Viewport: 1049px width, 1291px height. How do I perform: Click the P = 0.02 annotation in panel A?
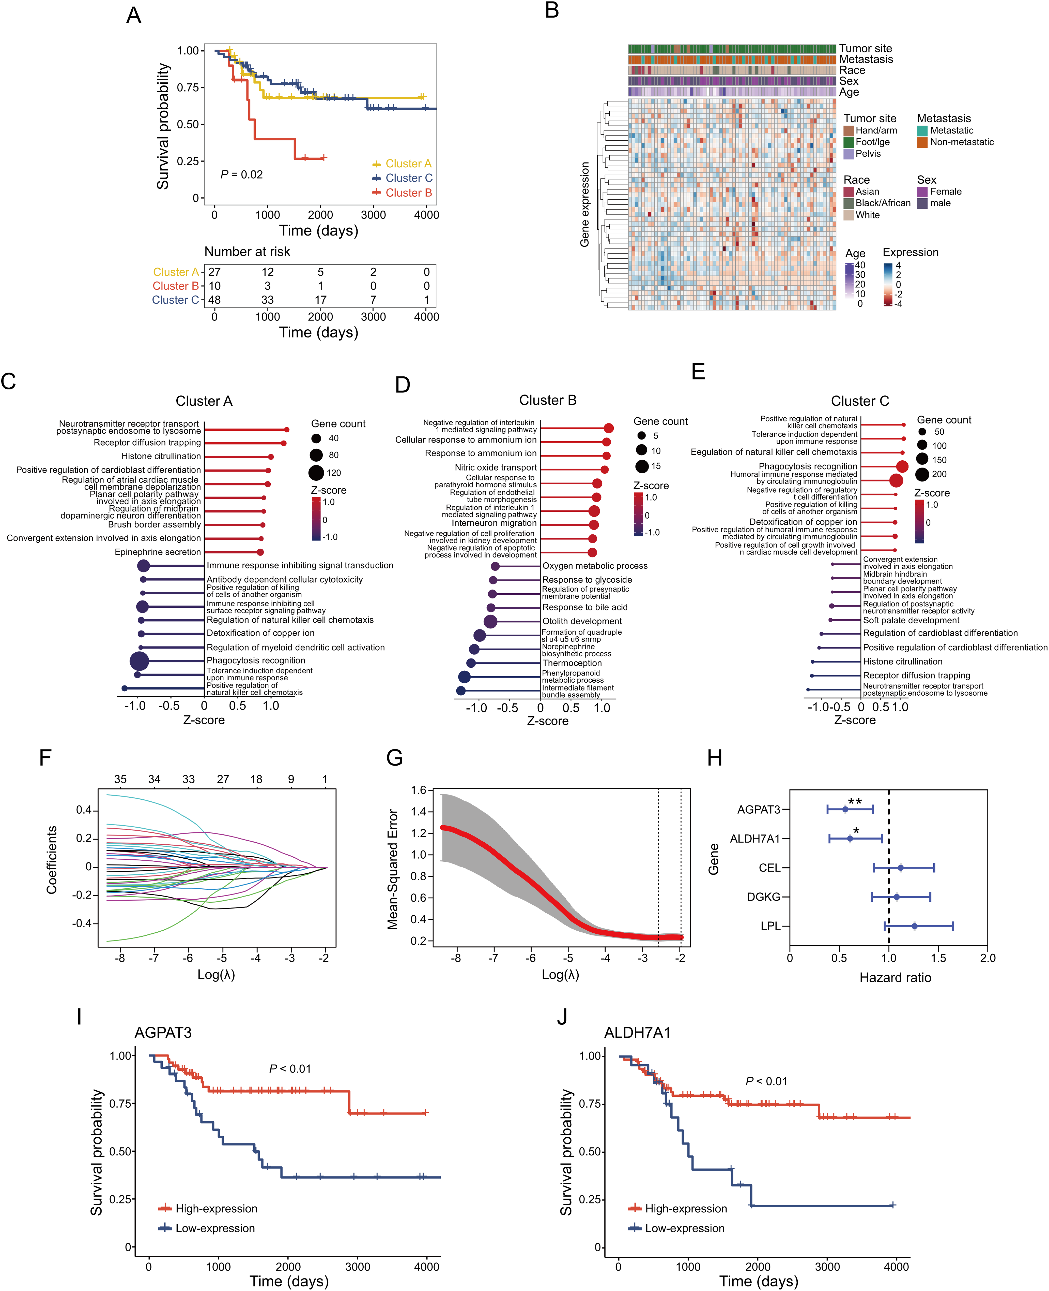click(x=242, y=175)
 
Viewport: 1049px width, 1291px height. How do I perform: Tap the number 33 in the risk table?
click(x=267, y=300)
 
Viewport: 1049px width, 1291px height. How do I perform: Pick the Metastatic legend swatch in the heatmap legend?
click(x=922, y=131)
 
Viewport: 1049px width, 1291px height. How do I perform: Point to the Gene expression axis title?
click(x=584, y=204)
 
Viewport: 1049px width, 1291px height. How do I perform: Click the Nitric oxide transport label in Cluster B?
click(x=496, y=467)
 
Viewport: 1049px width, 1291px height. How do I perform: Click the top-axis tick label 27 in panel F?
click(x=223, y=780)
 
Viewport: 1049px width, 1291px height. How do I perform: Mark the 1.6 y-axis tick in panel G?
click(x=418, y=790)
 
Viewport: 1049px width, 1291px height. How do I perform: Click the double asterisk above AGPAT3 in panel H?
click(x=854, y=802)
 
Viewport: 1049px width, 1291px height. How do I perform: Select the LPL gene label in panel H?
click(x=770, y=926)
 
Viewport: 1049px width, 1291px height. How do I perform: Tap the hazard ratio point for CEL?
click(x=900, y=868)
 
